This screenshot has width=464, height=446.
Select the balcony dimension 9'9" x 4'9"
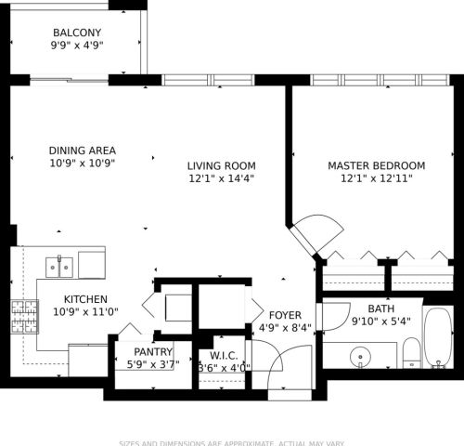pyautogui.click(x=76, y=44)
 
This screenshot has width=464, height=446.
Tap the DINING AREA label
pyautogui.click(x=81, y=150)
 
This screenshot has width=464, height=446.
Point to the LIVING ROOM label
pyautogui.click(x=221, y=165)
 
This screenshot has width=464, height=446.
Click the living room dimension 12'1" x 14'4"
pyautogui.click(x=221, y=178)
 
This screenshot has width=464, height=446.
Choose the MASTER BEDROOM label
pyautogui.click(x=376, y=165)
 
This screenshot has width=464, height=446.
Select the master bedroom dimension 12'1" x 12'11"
pyautogui.click(x=376, y=178)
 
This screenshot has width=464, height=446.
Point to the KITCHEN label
pyautogui.click(x=86, y=299)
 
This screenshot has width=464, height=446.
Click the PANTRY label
pyautogui.click(x=153, y=351)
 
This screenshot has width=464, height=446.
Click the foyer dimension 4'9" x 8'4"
pyautogui.click(x=284, y=328)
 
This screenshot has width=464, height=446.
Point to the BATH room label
pyautogui.click(x=381, y=308)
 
